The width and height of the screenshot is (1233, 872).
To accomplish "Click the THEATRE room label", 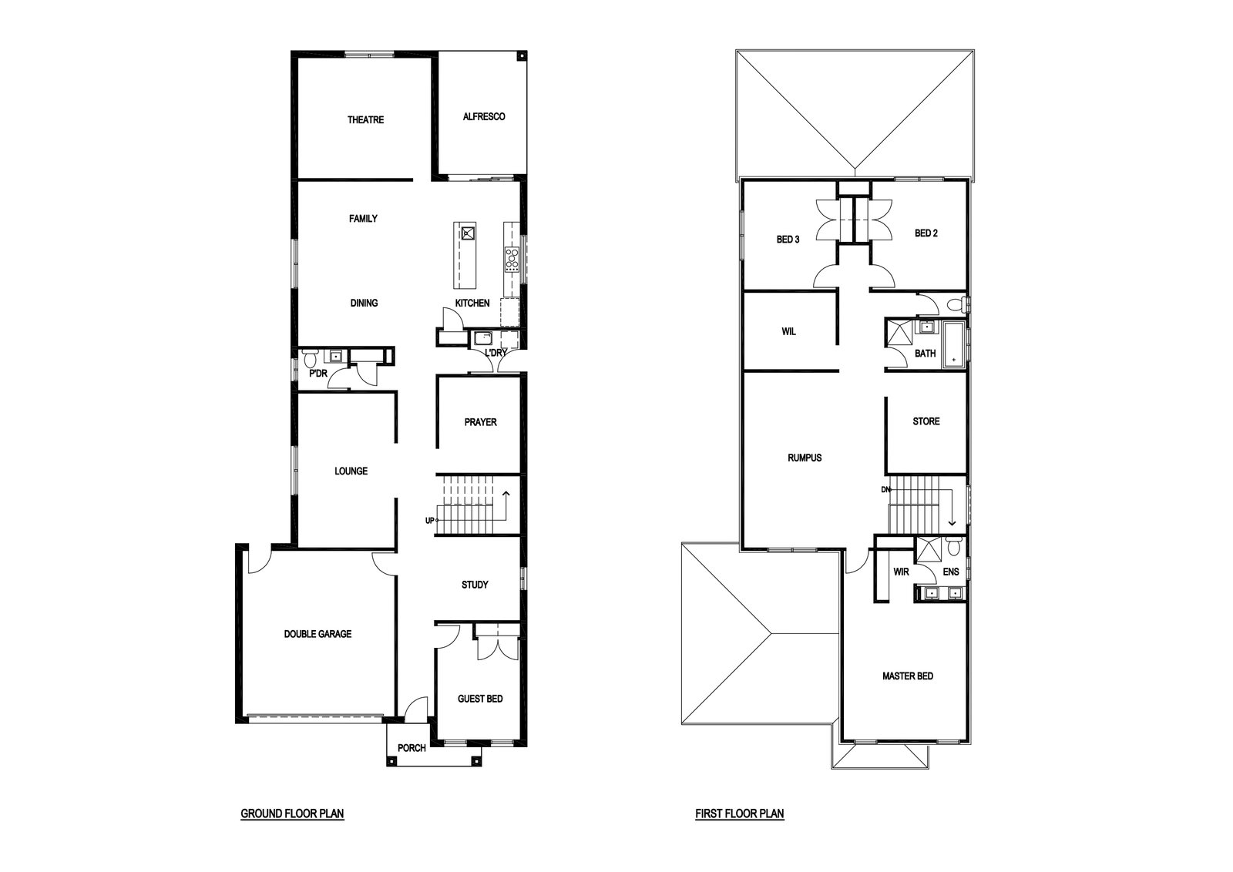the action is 365,120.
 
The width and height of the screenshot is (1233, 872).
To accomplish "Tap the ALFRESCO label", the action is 484,116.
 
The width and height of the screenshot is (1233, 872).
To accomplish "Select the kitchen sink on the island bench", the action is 468,233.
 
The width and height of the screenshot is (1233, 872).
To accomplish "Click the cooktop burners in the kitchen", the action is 512,260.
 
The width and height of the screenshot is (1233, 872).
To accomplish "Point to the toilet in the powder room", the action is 309,359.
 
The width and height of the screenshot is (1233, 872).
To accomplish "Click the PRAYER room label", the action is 481,423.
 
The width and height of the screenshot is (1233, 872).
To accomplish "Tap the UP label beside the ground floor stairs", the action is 430,521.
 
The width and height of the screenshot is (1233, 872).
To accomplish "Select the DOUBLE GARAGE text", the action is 317,634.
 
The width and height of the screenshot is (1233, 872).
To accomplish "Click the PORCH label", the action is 412,748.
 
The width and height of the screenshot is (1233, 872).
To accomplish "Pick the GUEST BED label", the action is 480,699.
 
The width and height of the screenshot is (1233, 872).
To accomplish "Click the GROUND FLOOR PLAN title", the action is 292,813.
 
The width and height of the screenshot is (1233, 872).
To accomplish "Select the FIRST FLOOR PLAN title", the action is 740,813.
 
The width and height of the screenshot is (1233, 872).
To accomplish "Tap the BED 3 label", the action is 788,240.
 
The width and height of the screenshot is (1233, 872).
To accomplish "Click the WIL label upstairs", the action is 788,332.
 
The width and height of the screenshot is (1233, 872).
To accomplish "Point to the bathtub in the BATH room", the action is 955,345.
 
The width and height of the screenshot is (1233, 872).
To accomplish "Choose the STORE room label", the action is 926,421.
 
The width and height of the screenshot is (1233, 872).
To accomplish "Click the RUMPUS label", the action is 805,458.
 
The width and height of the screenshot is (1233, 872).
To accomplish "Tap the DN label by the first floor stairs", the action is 885,490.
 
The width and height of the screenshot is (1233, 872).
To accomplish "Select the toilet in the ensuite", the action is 955,547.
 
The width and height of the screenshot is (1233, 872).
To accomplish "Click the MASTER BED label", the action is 908,676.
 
